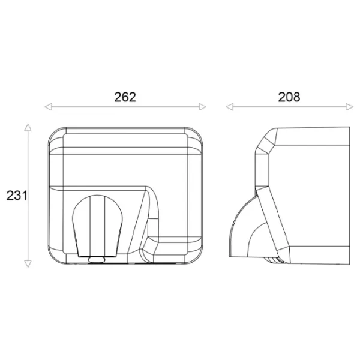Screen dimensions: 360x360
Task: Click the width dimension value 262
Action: (125, 97)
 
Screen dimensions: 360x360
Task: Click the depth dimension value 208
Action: (289, 97)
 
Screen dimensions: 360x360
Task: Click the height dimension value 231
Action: (17, 196)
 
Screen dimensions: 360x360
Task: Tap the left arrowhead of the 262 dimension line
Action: (49, 107)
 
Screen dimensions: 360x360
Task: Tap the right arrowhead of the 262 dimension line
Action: (203, 107)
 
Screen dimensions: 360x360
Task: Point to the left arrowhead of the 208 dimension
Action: (230, 107)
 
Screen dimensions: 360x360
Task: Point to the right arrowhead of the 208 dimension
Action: (350, 107)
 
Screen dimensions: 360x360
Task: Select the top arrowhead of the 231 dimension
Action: (28, 127)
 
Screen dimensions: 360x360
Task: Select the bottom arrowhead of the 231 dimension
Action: (28, 264)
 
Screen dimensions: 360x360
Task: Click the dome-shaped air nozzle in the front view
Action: (97, 226)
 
